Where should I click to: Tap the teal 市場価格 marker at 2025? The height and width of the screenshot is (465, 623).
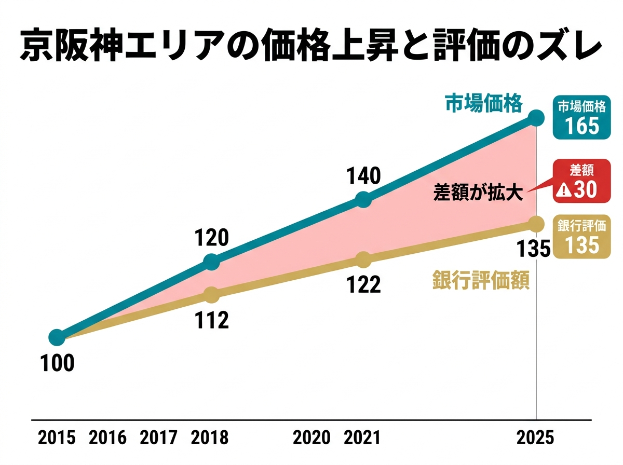(x=536, y=118)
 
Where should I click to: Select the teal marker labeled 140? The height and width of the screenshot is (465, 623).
(x=364, y=200)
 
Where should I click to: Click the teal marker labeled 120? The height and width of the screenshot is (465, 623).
(x=211, y=262)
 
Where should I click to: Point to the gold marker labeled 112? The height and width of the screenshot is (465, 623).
(x=211, y=295)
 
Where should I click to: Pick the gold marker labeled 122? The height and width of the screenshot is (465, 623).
(x=364, y=259)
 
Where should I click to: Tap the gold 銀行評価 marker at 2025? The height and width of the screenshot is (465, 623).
(x=536, y=224)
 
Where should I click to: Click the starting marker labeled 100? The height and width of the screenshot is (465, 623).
(x=57, y=338)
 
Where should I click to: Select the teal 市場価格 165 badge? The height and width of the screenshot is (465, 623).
(x=581, y=119)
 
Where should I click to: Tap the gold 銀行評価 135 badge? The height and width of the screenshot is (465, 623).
(x=581, y=237)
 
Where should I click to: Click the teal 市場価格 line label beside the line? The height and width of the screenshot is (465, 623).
(x=483, y=104)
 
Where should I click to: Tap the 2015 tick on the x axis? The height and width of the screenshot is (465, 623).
(x=57, y=438)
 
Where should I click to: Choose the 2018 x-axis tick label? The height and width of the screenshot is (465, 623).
(x=209, y=438)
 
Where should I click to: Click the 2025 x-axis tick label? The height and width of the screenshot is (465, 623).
(x=536, y=438)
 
